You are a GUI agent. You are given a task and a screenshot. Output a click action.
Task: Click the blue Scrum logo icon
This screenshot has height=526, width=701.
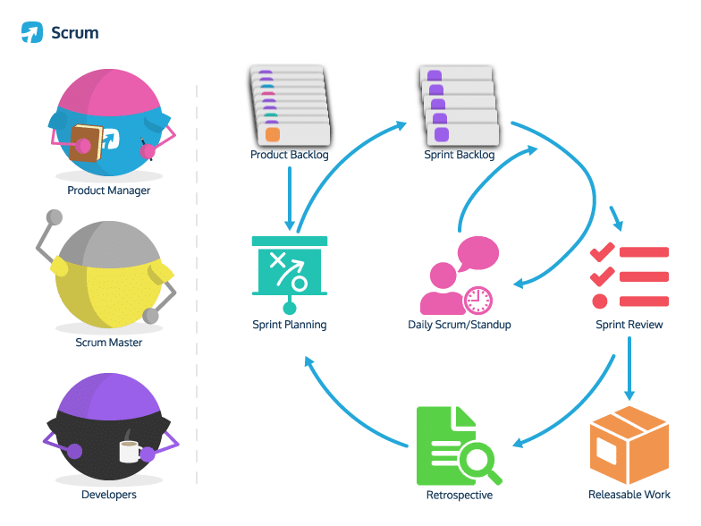pyautogui.click(x=32, y=33)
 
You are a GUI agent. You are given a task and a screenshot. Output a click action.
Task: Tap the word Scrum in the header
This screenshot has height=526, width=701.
pyautogui.click(x=75, y=33)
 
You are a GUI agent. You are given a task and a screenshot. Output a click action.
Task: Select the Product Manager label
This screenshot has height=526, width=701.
pyautogui.click(x=108, y=191)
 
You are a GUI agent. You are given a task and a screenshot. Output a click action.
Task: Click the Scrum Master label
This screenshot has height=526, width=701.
pyautogui.click(x=108, y=342)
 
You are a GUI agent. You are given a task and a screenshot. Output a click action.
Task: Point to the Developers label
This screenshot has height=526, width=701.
pyautogui.click(x=108, y=494)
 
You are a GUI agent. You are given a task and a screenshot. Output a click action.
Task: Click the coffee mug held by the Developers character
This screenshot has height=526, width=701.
pyautogui.click(x=130, y=451)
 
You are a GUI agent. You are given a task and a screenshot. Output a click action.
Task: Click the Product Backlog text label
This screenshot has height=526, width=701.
pyautogui.click(x=290, y=155)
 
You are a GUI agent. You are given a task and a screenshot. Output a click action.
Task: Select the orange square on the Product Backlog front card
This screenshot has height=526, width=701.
pyautogui.click(x=273, y=134)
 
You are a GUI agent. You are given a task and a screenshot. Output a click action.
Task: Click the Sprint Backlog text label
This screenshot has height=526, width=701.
pyautogui.click(x=459, y=155)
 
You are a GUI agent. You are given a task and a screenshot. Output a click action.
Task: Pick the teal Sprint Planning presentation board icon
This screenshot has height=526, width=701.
pyautogui.click(x=290, y=267)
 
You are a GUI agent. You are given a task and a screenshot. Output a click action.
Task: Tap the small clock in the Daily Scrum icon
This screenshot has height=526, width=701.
pyautogui.click(x=478, y=298)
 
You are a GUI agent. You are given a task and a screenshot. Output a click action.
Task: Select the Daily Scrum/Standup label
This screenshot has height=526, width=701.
pyautogui.click(x=460, y=325)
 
